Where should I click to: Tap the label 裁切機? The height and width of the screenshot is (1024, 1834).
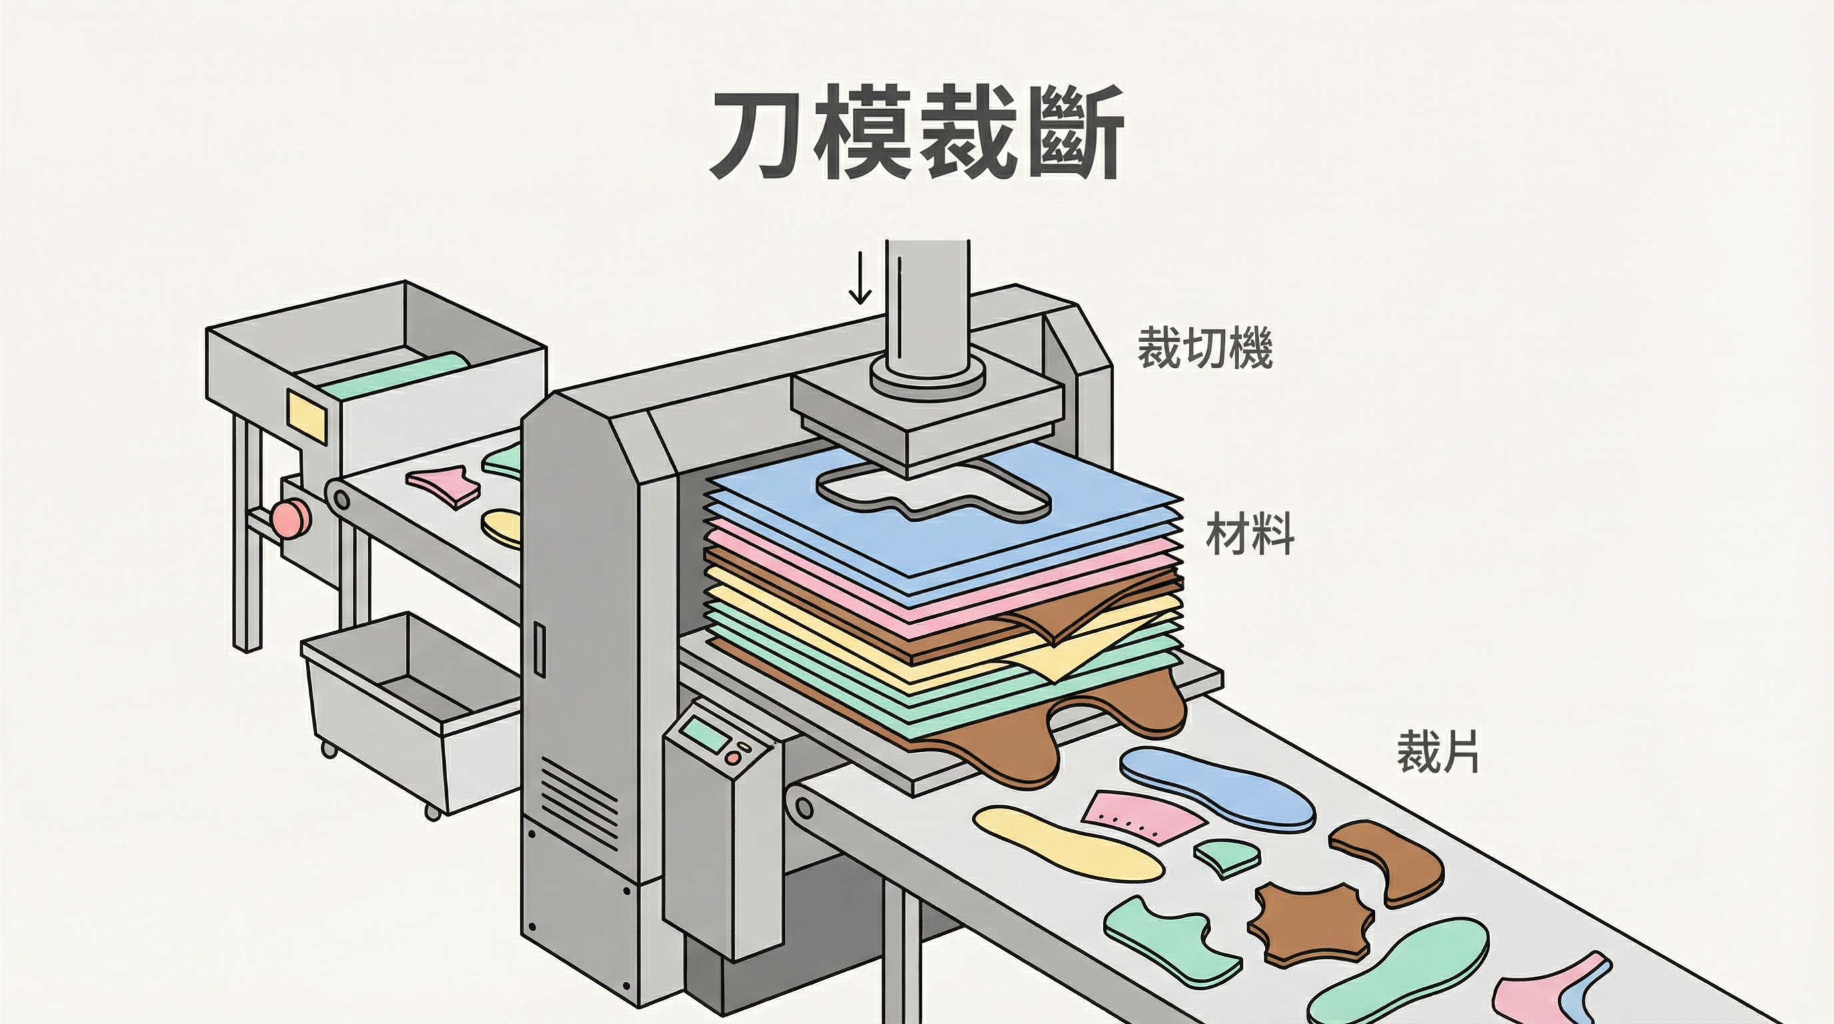tap(1204, 348)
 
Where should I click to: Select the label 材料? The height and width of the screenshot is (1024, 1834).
tap(1250, 535)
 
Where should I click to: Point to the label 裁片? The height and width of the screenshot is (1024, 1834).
tap(1437, 752)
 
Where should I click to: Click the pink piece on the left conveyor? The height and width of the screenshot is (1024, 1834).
tap(442, 485)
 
